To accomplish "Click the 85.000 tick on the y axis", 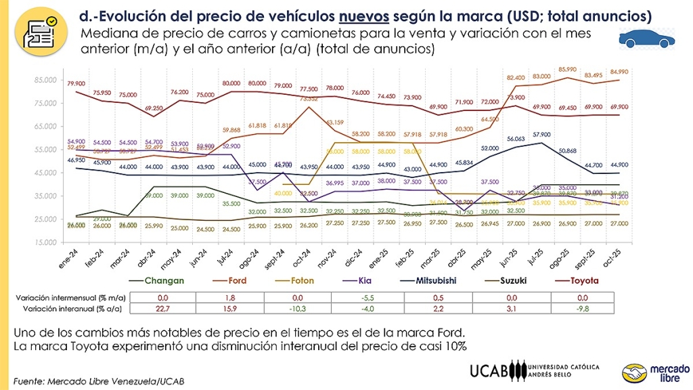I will point(45,81).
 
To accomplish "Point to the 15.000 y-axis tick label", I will point(45,242).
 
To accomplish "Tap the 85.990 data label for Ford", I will point(567,69).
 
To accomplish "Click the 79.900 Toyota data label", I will point(76,83).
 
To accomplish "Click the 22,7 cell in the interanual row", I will point(162,308).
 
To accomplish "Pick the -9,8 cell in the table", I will point(582,308).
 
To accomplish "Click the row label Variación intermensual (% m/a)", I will point(68,297).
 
